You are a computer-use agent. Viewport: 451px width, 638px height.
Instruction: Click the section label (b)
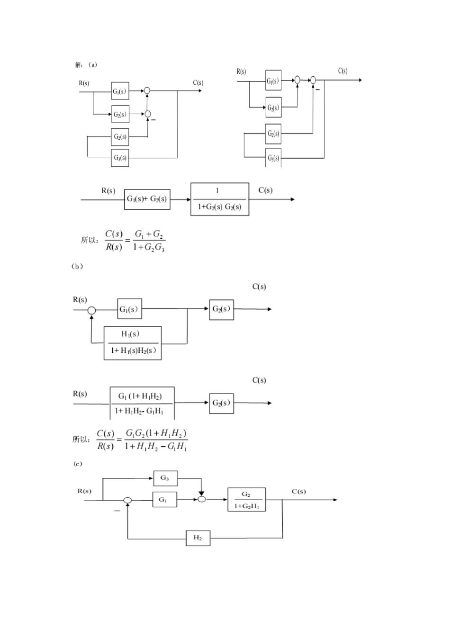77,267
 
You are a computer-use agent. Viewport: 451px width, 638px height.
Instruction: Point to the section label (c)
78,464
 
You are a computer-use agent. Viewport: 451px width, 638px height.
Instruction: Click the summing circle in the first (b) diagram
91,310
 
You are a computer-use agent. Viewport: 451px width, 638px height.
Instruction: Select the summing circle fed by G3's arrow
202,499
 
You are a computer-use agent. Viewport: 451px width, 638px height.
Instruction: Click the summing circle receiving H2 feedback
127,501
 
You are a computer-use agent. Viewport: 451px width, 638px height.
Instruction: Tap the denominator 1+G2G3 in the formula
149,247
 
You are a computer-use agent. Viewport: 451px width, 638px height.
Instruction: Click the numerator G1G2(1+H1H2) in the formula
156,433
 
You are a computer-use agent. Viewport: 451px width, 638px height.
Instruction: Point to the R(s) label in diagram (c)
84,491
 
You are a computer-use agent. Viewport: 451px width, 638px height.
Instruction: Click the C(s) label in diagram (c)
298,491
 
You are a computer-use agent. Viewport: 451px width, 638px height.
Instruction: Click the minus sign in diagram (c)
117,511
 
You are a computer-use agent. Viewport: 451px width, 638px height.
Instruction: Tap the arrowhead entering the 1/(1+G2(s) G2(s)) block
189,199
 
